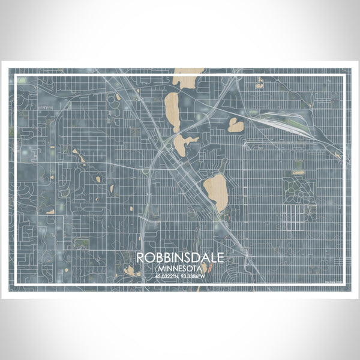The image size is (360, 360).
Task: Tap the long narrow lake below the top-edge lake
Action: click(172, 109)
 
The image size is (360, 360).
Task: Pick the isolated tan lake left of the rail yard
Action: click(236, 125)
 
